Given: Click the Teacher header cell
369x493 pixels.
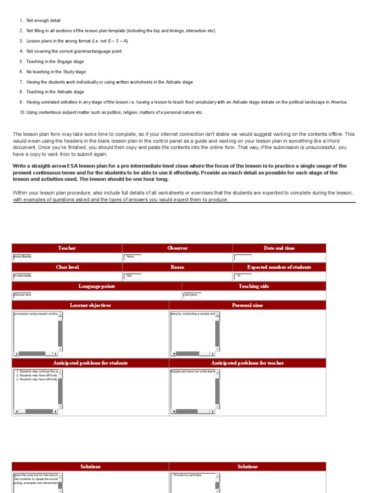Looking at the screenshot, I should click(x=67, y=248).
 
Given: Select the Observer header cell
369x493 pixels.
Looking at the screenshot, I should click(x=177, y=248).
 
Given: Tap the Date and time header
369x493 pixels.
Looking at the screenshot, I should click(x=279, y=248).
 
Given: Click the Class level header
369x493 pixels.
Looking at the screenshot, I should click(x=67, y=267).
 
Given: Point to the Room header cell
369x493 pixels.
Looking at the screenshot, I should click(x=177, y=267).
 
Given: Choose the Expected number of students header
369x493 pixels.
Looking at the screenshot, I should click(x=279, y=267).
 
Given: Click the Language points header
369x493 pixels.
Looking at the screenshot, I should click(x=97, y=286).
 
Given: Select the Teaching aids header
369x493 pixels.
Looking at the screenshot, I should click(x=254, y=286).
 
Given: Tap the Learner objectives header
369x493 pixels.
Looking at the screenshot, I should click(x=90, y=305).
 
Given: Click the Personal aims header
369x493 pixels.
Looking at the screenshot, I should click(x=247, y=305).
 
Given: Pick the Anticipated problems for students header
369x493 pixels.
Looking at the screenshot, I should click(x=90, y=363).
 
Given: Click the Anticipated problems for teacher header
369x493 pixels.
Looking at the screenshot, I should click(x=247, y=363).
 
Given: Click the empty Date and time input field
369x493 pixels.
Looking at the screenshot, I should click(x=243, y=257).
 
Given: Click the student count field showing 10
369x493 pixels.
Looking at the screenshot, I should click(x=243, y=276).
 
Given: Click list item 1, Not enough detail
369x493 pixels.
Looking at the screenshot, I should click(x=43, y=21).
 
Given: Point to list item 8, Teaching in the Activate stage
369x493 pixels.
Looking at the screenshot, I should click(x=55, y=92).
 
